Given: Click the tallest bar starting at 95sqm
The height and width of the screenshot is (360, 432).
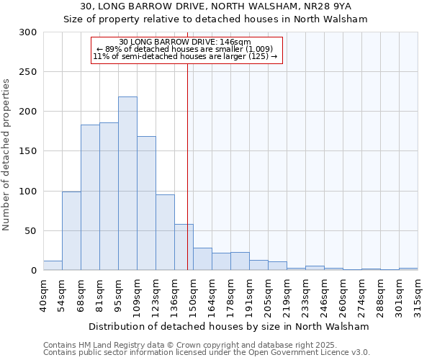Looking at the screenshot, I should (127, 184).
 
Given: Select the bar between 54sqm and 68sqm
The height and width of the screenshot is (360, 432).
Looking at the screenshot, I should (71, 231).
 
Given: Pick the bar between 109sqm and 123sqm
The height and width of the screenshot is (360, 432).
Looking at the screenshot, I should (146, 203).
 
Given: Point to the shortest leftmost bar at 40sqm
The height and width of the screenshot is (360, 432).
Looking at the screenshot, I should (53, 266).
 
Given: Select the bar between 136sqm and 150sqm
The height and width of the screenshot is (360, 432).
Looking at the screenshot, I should (184, 247).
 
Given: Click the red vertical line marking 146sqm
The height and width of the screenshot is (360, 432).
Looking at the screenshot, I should (187, 166).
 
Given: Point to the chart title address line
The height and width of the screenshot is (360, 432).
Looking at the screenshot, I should (216, 7).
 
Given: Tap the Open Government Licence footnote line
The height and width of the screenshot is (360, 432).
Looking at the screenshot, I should (207, 353).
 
